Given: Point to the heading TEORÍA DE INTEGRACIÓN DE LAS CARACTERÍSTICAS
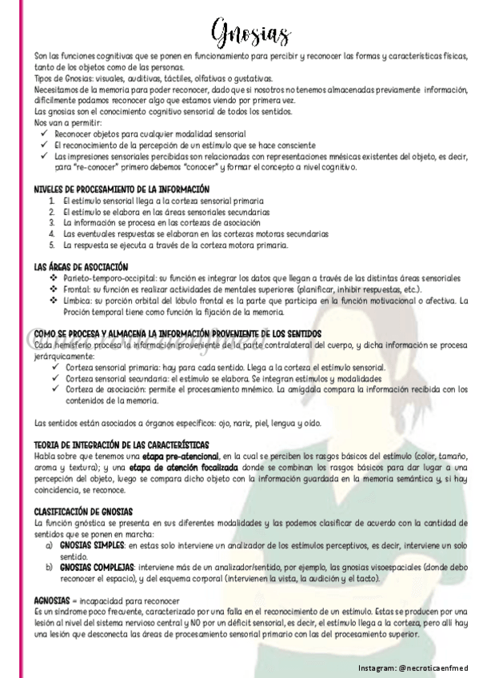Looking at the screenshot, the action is (x=122, y=444).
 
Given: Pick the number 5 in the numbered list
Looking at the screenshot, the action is (x=52, y=245).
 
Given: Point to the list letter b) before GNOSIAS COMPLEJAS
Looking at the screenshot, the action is (x=51, y=565).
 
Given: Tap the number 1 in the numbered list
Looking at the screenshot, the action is (x=52, y=200).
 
